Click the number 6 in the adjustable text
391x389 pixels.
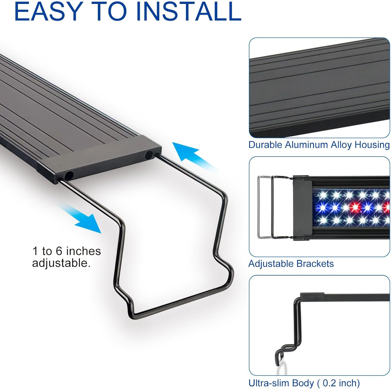(x=59, y=251)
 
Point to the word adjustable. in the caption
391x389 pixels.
(x=61, y=263)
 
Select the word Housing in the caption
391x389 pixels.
(x=372, y=145)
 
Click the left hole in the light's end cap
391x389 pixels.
(x=69, y=175)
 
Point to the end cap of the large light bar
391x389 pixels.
(x=99, y=159)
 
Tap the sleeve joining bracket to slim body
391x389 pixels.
(x=312, y=296)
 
